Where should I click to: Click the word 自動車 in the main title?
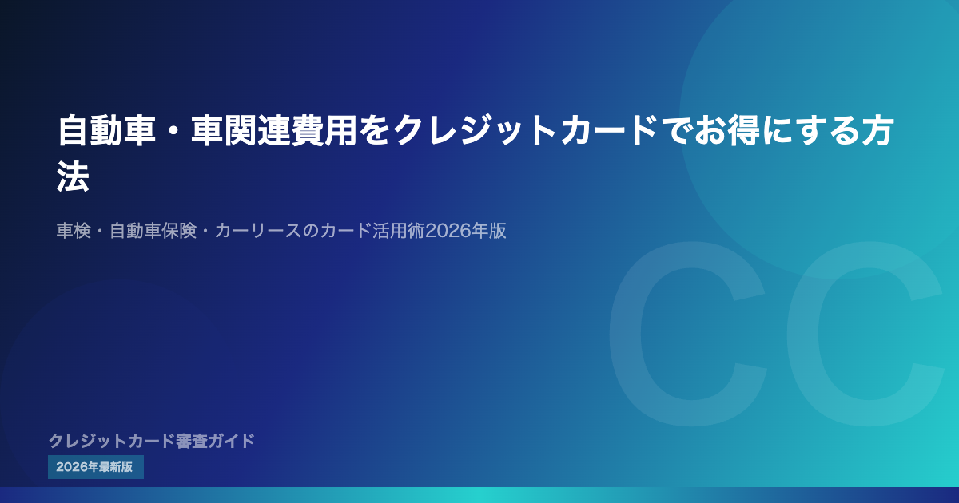(x=106, y=130)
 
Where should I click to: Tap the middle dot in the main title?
(x=173, y=131)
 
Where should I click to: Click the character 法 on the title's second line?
(x=74, y=176)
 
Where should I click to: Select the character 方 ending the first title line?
(x=878, y=130)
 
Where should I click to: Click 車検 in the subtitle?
(x=74, y=231)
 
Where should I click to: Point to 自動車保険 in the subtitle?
(x=153, y=231)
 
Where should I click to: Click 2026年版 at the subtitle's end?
(x=466, y=231)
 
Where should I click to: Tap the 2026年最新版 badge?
(x=95, y=466)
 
